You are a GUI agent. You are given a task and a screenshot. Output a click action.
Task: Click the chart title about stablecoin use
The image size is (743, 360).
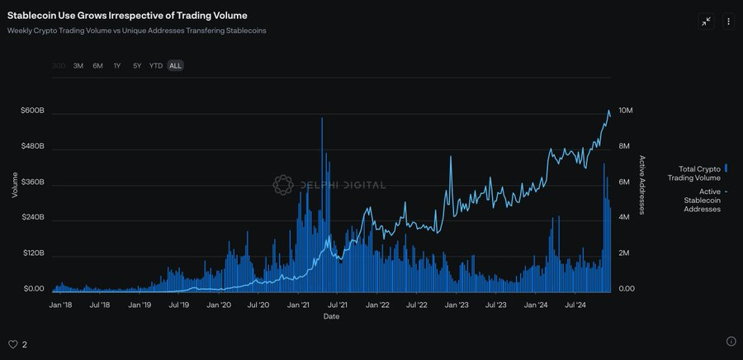[x=127, y=16]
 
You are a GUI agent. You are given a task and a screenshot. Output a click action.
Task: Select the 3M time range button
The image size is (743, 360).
[x=78, y=65]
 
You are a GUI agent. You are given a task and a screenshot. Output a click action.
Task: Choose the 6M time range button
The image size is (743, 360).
[x=97, y=65]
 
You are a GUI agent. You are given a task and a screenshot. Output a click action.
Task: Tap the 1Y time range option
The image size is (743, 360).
[x=117, y=65]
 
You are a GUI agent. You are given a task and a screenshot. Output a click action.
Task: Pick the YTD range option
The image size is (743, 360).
[x=155, y=65]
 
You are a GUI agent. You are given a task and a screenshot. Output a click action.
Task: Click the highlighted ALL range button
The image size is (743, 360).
[x=175, y=65]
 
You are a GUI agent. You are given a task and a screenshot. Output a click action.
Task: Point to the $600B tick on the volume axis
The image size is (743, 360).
[x=33, y=111]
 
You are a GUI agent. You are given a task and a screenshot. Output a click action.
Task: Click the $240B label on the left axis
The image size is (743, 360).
[x=33, y=217]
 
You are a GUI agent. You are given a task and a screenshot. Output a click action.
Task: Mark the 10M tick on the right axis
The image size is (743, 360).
[x=626, y=111]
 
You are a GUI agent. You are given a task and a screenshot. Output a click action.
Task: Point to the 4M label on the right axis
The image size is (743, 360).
[x=625, y=217]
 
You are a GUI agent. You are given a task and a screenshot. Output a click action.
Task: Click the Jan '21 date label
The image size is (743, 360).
[x=298, y=305]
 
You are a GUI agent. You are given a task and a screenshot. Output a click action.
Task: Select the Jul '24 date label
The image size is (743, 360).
[x=576, y=305]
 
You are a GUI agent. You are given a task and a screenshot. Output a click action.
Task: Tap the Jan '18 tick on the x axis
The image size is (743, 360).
[x=60, y=305]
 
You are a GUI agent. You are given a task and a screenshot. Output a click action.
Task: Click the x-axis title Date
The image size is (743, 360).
[x=331, y=316]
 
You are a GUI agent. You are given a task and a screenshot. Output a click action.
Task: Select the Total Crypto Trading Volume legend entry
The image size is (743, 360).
[x=694, y=173]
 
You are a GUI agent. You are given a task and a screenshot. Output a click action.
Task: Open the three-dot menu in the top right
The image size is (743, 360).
[x=728, y=21]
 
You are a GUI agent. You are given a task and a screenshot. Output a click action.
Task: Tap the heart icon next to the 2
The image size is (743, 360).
[x=12, y=344]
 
